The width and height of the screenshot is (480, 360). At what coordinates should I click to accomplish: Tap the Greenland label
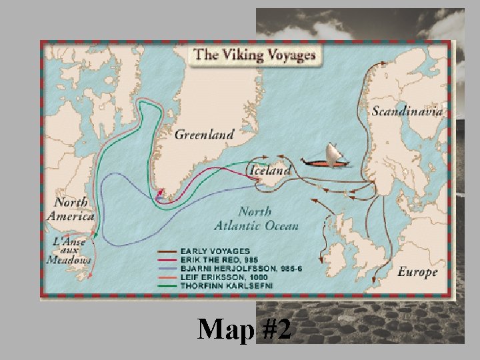(x=204, y=134)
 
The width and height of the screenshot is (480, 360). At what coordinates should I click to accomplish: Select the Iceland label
(x=270, y=171)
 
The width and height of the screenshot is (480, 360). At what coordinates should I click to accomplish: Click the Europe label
(x=417, y=272)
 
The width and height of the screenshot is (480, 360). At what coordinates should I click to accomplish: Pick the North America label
(x=71, y=209)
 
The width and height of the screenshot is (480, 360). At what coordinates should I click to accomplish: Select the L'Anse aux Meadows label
(x=69, y=250)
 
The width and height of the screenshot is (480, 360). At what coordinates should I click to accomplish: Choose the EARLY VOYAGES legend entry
(x=215, y=251)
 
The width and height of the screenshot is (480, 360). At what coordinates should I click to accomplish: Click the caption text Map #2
(x=244, y=329)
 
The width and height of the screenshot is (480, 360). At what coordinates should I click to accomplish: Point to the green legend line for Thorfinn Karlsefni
(x=167, y=286)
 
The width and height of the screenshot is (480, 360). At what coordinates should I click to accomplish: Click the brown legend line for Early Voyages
(x=167, y=251)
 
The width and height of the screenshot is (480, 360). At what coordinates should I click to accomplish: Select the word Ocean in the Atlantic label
(x=273, y=226)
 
